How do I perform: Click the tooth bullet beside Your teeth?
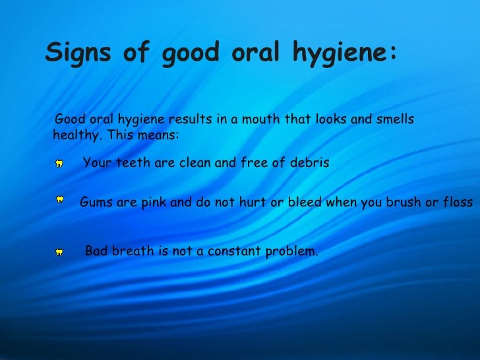[59, 163]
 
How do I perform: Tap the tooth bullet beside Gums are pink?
[59, 198]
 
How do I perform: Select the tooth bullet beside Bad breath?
[59, 252]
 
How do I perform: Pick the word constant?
[231, 251]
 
